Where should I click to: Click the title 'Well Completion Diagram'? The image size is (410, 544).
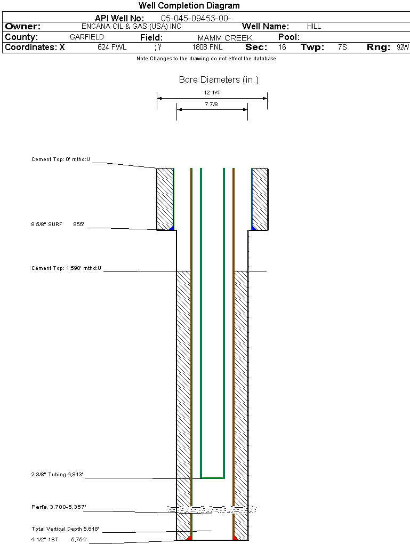point(189,6)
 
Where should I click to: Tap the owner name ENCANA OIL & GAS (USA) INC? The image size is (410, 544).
point(131,26)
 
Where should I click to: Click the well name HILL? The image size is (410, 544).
point(314,26)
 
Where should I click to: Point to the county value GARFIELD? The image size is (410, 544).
point(87,37)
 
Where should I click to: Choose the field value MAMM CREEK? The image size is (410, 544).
point(224,38)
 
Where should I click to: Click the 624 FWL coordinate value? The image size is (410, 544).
point(112,47)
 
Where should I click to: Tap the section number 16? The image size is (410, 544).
point(282,47)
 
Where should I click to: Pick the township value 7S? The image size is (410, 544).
point(342,47)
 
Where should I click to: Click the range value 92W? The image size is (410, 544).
point(403,47)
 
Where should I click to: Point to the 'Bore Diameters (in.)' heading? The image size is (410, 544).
point(219,80)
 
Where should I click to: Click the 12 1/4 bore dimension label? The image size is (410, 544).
point(212,93)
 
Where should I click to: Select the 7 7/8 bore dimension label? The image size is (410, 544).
point(212,105)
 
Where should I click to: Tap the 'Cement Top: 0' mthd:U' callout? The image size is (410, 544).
point(61,159)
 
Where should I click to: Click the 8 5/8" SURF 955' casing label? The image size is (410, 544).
point(58,225)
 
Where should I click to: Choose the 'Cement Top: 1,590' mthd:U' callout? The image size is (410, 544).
point(66,268)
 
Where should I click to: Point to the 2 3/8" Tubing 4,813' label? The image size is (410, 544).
point(58,475)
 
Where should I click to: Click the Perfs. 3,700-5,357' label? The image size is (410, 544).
point(59,506)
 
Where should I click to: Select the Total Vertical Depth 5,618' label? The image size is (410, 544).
point(66,529)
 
